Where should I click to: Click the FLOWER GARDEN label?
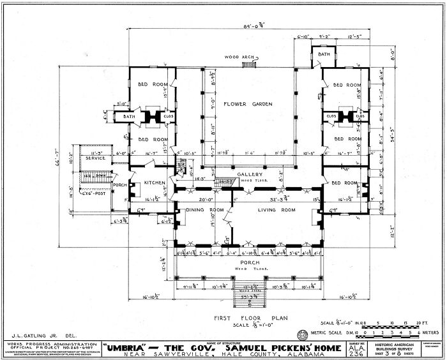pyautogui.click(x=248, y=104)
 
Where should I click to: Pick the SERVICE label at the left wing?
pyautogui.click(x=96, y=158)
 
